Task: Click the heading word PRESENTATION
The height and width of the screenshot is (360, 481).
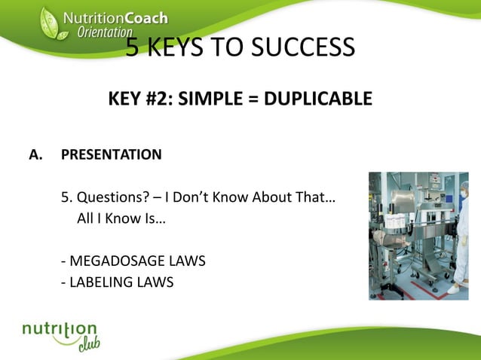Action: [111, 155]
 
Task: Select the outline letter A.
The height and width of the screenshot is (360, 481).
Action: [34, 155]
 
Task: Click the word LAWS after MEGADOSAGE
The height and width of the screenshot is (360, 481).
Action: [186, 261]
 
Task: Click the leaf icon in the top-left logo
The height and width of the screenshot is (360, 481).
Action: [49, 23]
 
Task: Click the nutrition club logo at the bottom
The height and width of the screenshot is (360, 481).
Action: [60, 335]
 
